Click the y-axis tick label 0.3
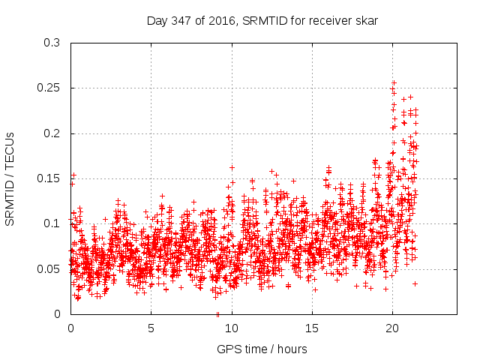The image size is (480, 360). coord(53,43)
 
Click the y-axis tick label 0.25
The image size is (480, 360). coord(51,88)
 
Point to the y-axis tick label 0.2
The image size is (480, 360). coord(53,133)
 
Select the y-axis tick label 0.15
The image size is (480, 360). coord(51,178)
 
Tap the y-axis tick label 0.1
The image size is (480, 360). coord(53,223)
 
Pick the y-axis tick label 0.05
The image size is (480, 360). coord(51,268)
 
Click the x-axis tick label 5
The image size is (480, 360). coord(151,328)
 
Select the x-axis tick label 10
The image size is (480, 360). coord(232,328)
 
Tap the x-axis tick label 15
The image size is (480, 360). coord(312,328)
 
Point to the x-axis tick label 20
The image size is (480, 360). coord(392,328)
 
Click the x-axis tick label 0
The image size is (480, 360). coord(70,328)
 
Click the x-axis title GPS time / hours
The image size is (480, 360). coord(262,349)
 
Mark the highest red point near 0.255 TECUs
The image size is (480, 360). coord(394,83)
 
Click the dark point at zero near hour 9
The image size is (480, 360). coord(217,313)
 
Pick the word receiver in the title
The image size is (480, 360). coord(325,21)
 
